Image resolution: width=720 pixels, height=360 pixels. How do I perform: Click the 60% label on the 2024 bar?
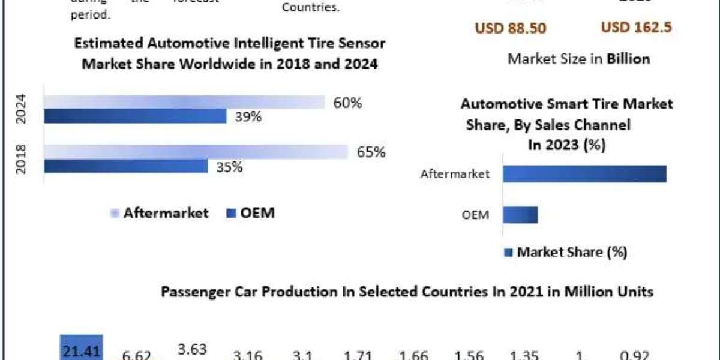coord(348,103)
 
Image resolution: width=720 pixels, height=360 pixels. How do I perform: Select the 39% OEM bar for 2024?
coord(135,116)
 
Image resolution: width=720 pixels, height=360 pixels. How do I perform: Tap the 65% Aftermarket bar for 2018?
coord(196,152)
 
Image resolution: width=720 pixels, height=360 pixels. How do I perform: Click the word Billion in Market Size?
coord(628,59)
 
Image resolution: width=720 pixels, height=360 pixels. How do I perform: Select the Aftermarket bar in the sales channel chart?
coord(584,174)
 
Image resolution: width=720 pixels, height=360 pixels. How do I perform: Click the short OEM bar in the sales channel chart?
coord(520,214)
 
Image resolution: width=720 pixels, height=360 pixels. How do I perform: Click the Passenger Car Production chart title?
coord(407,292)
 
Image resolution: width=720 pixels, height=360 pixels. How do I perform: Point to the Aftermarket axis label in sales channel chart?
coord(455,174)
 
